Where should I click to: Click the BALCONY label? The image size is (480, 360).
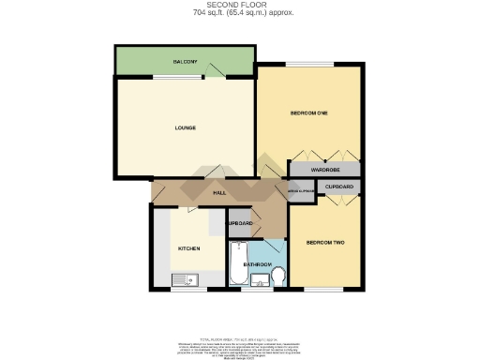(185, 62)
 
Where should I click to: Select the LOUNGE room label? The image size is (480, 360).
(185, 127)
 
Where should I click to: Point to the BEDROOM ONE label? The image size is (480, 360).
(308, 113)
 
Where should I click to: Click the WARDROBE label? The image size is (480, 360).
(325, 170)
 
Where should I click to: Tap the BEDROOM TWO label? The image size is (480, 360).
(325, 243)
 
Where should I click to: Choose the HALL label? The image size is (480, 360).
(219, 192)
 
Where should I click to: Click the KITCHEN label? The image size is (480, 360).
(190, 247)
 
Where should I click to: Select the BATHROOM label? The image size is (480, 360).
(258, 265)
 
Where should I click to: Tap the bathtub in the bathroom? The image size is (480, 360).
(238, 264)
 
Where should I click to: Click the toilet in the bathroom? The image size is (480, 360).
(278, 276)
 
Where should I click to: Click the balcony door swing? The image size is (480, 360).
(217, 70)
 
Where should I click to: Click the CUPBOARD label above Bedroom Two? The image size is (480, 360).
(340, 187)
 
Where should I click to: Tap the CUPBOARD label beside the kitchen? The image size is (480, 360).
(240, 223)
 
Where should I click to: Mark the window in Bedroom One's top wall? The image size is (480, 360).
(308, 65)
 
